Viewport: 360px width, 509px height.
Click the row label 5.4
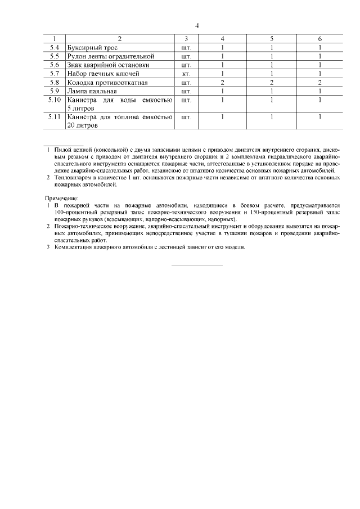55,48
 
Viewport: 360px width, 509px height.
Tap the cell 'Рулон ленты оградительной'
110,56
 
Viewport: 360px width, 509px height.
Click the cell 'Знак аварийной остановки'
107,65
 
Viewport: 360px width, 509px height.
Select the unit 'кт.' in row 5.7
187,74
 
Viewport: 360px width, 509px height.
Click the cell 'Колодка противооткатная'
107,82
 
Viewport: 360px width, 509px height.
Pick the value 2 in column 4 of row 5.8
223,82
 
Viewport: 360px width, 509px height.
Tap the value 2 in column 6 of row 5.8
319,82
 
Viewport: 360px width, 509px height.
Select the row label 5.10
55,100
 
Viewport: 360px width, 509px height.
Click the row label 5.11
55,117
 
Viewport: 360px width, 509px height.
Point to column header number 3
187,39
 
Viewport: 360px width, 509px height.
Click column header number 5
271,39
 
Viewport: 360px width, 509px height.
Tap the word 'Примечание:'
62,198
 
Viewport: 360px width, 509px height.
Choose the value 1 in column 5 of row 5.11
271,117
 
